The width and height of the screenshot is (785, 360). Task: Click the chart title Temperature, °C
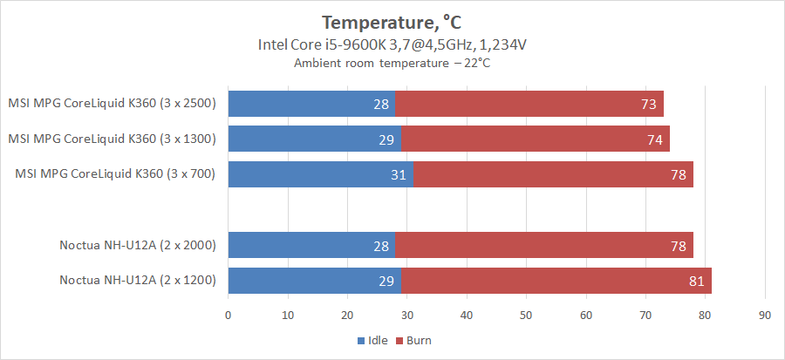point(392,21)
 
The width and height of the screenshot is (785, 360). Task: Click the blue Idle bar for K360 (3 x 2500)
point(311,104)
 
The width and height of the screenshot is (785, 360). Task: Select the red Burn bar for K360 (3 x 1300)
point(535,139)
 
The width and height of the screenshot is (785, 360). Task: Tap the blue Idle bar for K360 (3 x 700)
point(320,173)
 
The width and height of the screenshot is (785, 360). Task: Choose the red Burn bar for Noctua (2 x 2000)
point(544,246)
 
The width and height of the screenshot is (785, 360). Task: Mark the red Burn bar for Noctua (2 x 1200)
point(556,281)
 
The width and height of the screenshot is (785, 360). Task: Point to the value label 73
point(649,104)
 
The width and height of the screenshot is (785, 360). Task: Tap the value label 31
point(399,173)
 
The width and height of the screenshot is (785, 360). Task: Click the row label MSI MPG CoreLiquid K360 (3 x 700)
point(114,173)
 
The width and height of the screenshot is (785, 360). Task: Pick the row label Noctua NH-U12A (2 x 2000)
point(137,246)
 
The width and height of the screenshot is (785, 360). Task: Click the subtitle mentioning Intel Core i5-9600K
point(392,44)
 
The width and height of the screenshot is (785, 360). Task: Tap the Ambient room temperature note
point(392,63)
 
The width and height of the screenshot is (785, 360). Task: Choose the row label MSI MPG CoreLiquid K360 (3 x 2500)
point(111,104)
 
